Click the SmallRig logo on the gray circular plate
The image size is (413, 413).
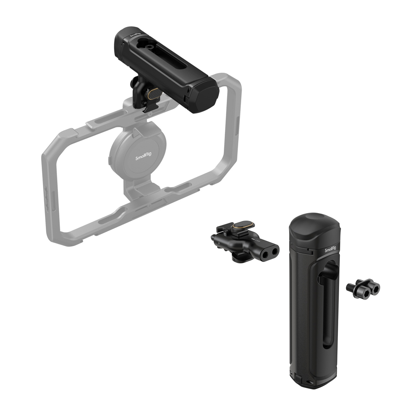[144, 156]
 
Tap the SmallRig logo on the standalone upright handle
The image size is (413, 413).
[330, 249]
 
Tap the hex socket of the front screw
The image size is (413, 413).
[375, 288]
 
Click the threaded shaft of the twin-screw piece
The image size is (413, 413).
[350, 286]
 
